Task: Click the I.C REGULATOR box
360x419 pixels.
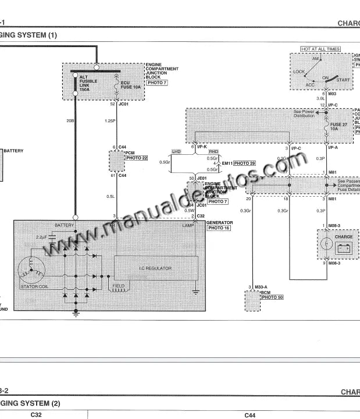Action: (155, 268)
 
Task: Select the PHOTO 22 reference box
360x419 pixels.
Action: (137, 158)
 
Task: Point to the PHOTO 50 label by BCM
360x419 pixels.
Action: (272, 297)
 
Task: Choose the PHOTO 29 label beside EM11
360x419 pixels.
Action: (245, 164)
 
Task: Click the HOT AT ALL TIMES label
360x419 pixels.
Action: (320, 49)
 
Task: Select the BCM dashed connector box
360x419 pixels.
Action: (252, 301)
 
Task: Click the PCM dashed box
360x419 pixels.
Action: (116, 160)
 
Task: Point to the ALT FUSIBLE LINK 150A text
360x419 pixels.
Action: (88, 82)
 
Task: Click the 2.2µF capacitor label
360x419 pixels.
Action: (41, 237)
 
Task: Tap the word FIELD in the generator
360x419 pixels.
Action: (119, 286)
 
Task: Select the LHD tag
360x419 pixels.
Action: (177, 151)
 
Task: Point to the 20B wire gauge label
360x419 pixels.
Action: (70, 121)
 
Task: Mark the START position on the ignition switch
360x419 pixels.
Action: (343, 80)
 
